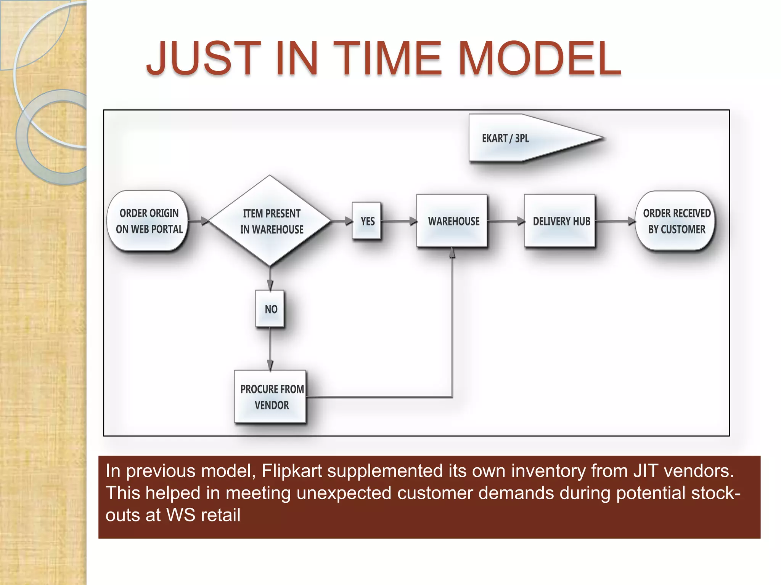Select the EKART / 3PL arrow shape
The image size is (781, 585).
(526, 138)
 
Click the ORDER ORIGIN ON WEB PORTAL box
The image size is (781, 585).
(149, 221)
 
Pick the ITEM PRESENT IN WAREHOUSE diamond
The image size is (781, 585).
(270, 221)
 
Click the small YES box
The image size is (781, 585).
(367, 221)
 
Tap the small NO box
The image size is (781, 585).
(270, 309)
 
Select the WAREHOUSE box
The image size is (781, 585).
(452, 221)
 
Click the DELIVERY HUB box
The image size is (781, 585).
(560, 221)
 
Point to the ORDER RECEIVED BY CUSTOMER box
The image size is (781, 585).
(676, 221)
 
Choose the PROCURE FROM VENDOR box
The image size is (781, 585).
(271, 397)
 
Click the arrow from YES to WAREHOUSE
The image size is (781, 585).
(399, 221)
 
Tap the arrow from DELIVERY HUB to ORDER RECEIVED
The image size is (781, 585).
(615, 221)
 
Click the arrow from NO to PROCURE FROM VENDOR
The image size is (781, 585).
(270, 348)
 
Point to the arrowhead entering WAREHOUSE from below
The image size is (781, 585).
(452, 252)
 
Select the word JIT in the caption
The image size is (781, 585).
(646, 471)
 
